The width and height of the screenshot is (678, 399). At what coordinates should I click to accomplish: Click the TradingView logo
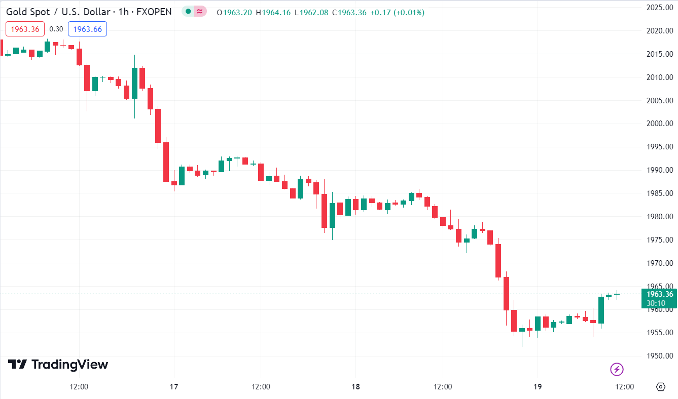point(58,364)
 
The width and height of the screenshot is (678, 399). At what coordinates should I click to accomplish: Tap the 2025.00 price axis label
point(659,8)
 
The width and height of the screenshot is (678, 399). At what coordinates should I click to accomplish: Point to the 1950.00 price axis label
point(659,356)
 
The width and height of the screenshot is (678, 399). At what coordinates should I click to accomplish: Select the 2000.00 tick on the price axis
point(659,124)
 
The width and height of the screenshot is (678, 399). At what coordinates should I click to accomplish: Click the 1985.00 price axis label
point(659,193)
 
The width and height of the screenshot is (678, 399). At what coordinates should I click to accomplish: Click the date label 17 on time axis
point(174,387)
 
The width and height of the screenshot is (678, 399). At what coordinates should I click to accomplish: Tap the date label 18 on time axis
point(355,387)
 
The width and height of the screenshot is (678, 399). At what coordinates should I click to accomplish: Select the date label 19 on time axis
point(538,387)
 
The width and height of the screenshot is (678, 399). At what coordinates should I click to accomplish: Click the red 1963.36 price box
point(25,29)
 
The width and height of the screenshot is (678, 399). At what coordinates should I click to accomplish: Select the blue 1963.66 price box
point(87,29)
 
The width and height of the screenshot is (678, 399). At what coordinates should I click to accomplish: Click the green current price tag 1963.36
point(659,294)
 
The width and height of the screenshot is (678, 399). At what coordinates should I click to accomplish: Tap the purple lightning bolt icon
point(617,369)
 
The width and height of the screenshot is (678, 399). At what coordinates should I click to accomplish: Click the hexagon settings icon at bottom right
point(660,387)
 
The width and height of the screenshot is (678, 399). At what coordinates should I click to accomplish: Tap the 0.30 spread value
point(56,29)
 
